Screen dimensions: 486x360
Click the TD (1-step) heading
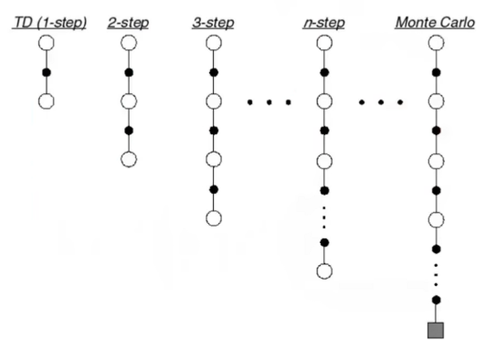49,21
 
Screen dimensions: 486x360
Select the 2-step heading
129,21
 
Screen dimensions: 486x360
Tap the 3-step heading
214,21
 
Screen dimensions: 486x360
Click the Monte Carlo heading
434,21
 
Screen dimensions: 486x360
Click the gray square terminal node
436,330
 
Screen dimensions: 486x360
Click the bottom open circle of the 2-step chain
129,159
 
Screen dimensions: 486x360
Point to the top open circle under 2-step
129,43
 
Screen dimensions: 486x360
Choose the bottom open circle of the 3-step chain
214,217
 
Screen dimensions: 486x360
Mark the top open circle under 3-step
214,43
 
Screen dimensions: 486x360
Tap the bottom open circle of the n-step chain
323,270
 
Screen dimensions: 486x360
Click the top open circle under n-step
323,43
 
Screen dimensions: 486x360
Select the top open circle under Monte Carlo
436,43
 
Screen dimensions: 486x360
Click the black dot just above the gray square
436,300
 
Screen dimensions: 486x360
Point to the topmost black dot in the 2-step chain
129,71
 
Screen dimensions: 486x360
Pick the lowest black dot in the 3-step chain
214,189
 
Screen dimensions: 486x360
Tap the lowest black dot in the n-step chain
323,242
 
